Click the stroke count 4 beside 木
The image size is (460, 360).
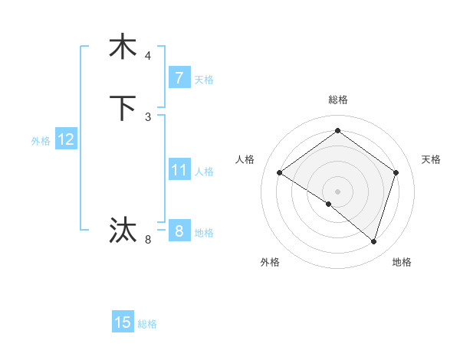(x=148, y=56)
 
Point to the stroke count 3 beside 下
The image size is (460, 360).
(x=148, y=117)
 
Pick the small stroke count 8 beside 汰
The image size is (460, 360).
(x=148, y=240)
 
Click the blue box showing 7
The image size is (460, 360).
(x=179, y=78)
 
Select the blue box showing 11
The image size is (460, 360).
(x=179, y=170)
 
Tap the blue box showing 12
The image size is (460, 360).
(x=65, y=139)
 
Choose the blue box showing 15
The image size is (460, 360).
(x=123, y=322)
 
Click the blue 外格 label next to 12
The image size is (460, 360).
(x=41, y=141)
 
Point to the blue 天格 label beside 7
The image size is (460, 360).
(x=204, y=80)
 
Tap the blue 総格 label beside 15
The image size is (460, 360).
(x=147, y=324)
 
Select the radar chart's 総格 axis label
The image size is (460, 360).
(x=337, y=100)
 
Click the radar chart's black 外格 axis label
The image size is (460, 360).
(x=270, y=262)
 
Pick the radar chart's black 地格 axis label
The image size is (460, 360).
(x=402, y=262)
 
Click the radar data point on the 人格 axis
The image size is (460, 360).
(x=280, y=173)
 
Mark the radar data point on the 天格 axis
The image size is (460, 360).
(x=396, y=172)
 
